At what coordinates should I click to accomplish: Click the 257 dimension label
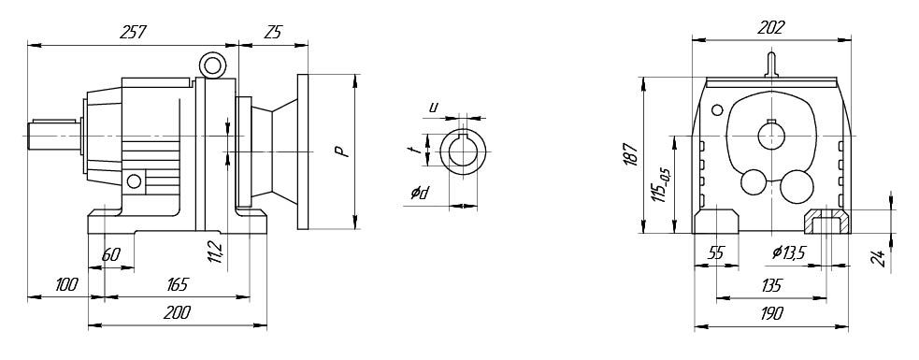[x=133, y=32]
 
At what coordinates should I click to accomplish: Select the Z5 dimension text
[x=273, y=32]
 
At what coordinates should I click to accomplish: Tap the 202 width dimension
[x=770, y=27]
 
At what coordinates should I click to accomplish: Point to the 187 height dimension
[x=630, y=154]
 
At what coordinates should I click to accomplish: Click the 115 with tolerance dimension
[x=663, y=183]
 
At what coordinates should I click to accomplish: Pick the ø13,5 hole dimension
[x=789, y=252]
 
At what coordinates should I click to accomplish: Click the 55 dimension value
[x=715, y=252]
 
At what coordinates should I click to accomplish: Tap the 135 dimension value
[x=771, y=285]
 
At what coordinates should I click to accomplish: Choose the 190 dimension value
[x=771, y=313]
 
